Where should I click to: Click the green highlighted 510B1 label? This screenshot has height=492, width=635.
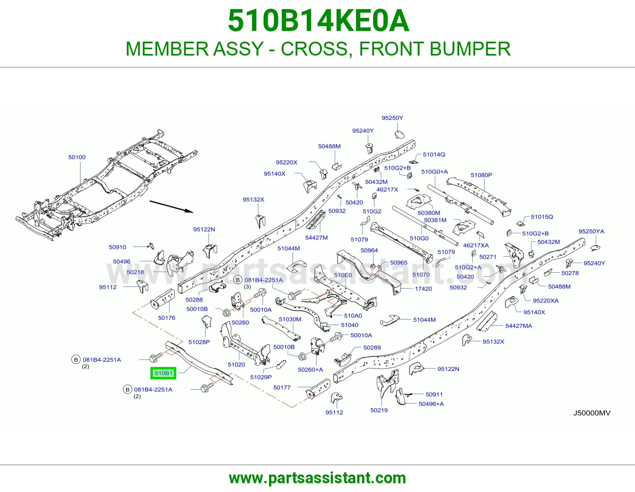coord(164,373)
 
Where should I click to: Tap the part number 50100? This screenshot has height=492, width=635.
coord(77,157)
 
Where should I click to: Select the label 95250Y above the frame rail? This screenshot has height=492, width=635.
coord(392,118)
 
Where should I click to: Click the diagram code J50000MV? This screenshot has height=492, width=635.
coord(591,413)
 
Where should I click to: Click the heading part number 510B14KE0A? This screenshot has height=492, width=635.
coord(318,21)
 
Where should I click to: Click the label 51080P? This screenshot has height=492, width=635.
coord(481,175)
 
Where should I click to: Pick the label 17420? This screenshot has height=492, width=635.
coord(423,289)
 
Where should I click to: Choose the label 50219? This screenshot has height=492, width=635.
coord(379,410)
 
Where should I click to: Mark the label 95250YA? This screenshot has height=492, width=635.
coord(591,231)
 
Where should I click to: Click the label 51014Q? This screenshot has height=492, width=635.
coord(434,155)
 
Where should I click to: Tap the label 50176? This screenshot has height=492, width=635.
coord(167,318)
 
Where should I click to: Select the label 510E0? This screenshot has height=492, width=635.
coord(343,275)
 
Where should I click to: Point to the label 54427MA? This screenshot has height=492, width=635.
coord(518,326)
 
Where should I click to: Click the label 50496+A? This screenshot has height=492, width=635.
coord(431,404)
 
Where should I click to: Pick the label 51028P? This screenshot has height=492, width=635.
coord(199,342)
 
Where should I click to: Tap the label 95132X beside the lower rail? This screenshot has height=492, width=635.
coord(493,342)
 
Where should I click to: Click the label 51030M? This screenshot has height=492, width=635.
coord(290,319)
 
